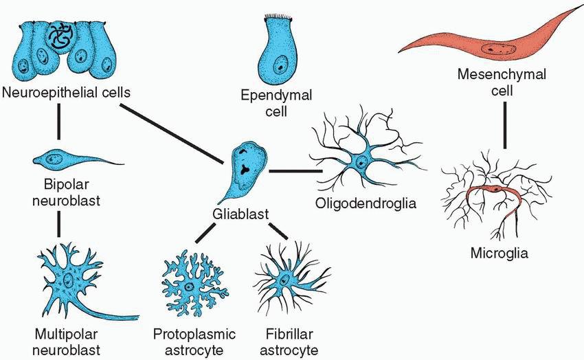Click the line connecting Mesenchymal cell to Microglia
[x=504, y=124]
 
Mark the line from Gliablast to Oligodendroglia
[x=295, y=170]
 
